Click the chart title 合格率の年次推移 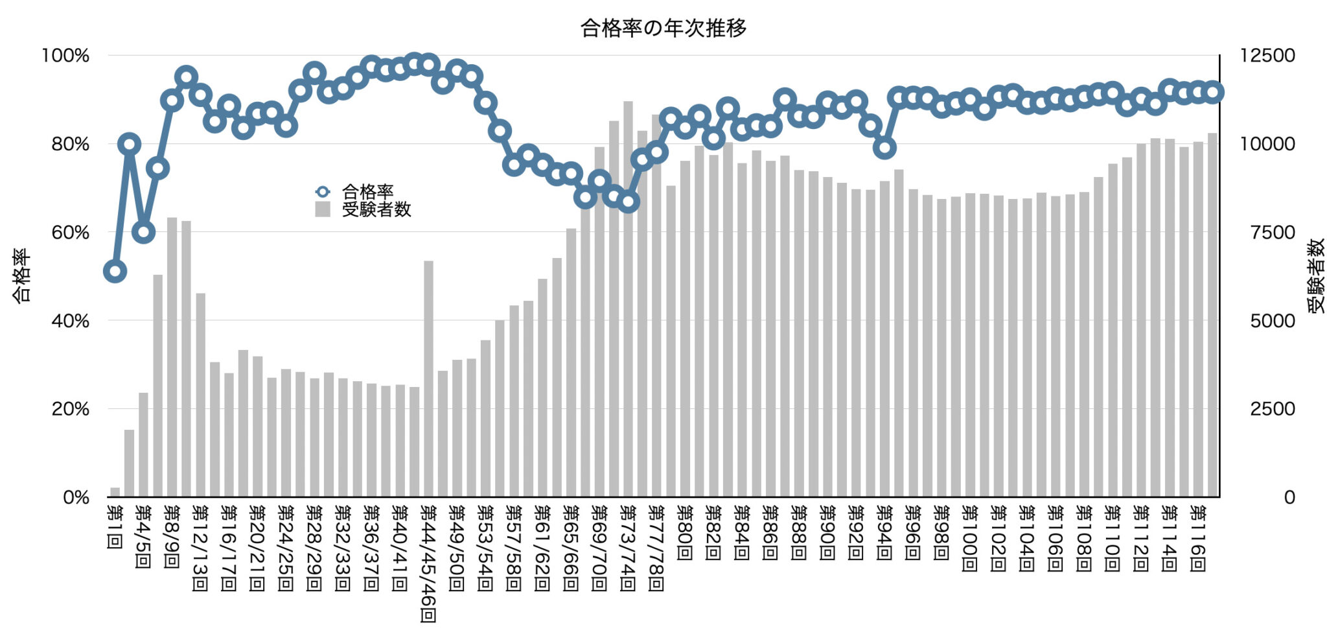tap(663, 28)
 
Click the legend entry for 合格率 tap(367, 192)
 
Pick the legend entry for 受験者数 tap(376, 209)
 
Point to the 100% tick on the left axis tap(65, 56)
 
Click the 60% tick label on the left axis tap(70, 233)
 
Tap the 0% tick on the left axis tap(76, 498)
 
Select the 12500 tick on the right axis tap(1267, 56)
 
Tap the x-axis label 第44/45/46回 tap(428, 563)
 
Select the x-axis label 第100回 tap(970, 539)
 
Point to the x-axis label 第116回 tap(1198, 539)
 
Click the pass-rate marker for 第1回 tap(115, 272)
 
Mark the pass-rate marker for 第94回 tap(884, 148)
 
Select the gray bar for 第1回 tap(115, 493)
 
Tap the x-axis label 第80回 tap(685, 534)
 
